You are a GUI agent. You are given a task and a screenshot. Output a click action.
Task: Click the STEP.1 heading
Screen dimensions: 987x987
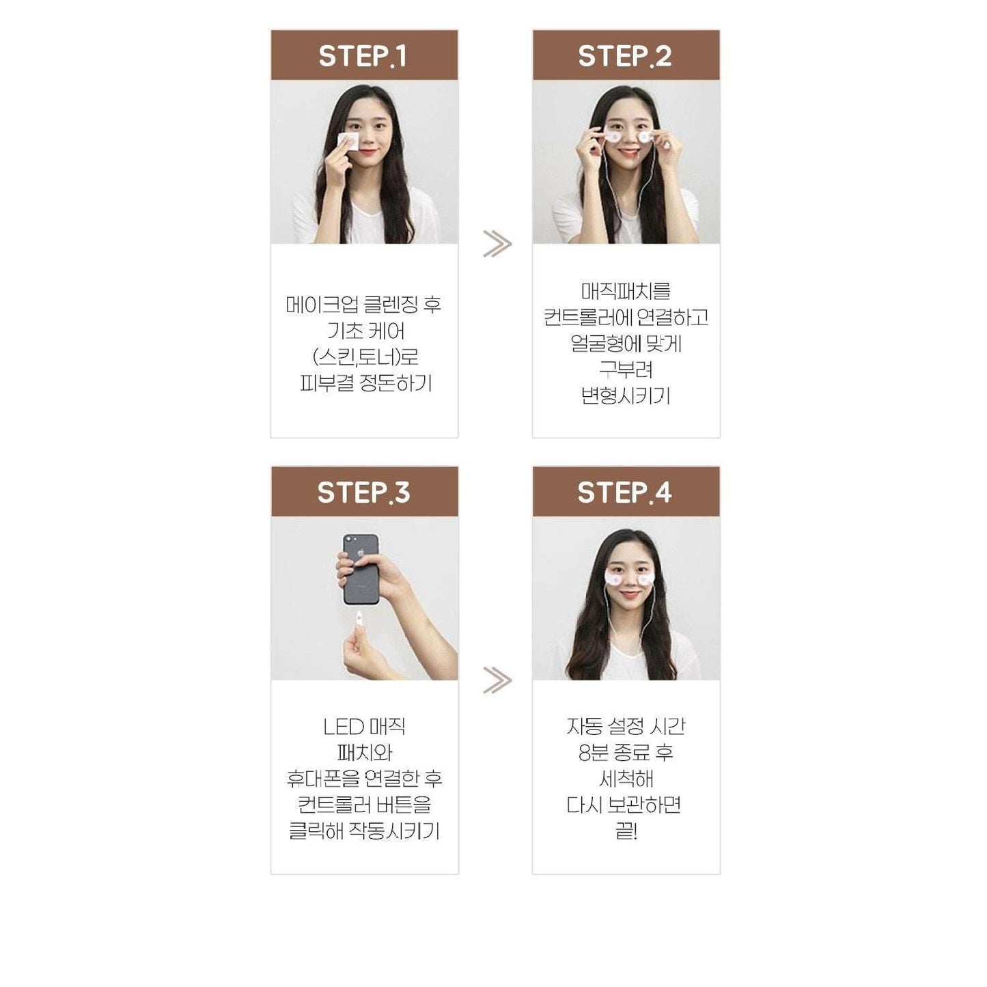pos(363,56)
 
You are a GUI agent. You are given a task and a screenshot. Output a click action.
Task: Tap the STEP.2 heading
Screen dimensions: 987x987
pos(624,56)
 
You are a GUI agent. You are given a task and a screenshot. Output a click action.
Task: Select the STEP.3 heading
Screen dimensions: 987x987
pos(363,492)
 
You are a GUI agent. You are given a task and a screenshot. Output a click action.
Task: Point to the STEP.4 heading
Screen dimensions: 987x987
pos(624,492)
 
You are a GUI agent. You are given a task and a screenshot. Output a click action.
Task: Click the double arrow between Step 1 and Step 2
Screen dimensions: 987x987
pos(497,244)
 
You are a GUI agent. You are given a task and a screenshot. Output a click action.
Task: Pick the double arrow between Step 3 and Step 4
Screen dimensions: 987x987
pos(497,680)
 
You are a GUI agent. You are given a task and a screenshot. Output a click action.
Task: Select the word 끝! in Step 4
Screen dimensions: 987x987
pos(626,831)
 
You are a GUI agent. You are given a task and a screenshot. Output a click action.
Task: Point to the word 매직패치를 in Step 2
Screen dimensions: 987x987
pos(626,291)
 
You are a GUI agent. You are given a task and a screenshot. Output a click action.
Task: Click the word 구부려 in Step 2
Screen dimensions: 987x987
pos(626,370)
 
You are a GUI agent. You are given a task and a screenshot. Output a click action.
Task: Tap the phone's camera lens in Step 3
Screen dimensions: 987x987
pos(350,540)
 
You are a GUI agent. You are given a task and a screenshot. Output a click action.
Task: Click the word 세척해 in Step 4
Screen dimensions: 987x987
pos(626,779)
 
